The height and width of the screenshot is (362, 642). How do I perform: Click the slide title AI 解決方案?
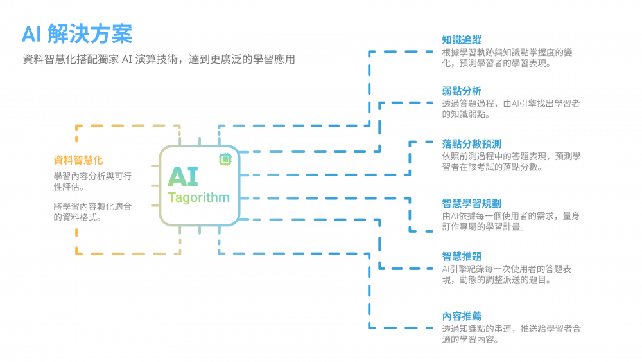click(77, 33)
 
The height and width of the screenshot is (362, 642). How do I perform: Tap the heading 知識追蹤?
click(462, 40)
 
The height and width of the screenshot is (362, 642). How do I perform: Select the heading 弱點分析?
click(462, 91)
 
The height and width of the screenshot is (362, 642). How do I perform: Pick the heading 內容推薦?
click(462, 316)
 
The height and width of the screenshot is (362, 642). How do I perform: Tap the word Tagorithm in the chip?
click(198, 197)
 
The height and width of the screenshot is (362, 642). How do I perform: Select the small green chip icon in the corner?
click(225, 159)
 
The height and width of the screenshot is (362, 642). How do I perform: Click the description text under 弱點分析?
click(510, 109)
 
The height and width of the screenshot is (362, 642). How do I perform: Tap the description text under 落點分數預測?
click(511, 161)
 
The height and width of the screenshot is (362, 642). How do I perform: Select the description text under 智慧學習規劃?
click(511, 221)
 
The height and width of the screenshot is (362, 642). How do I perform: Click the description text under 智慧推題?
click(507, 275)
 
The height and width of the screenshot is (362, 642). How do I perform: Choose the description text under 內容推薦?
click(511, 334)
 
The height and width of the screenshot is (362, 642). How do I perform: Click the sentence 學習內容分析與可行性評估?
click(92, 181)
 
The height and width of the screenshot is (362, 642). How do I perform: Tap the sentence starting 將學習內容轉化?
click(92, 212)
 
